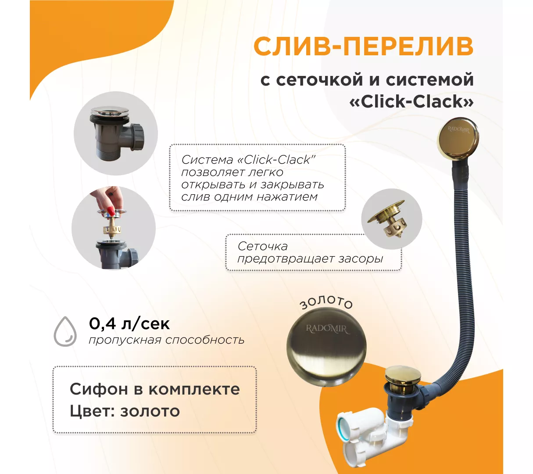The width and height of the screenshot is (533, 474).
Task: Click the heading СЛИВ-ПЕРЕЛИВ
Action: (364, 47)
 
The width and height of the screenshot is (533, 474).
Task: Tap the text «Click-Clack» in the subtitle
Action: (411, 101)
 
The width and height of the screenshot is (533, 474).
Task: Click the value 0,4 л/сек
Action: (129, 323)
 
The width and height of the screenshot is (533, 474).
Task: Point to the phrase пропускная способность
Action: (167, 340)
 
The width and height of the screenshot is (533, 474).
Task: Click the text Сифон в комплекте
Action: (155, 389)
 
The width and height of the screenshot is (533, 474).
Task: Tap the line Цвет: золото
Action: (125, 411)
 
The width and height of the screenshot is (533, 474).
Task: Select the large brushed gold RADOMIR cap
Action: (326, 348)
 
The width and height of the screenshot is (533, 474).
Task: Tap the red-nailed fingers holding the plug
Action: (108, 200)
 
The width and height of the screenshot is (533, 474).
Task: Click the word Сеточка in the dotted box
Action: (263, 246)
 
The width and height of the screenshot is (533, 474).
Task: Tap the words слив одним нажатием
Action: (250, 197)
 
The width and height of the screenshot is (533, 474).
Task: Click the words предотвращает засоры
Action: (310, 259)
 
